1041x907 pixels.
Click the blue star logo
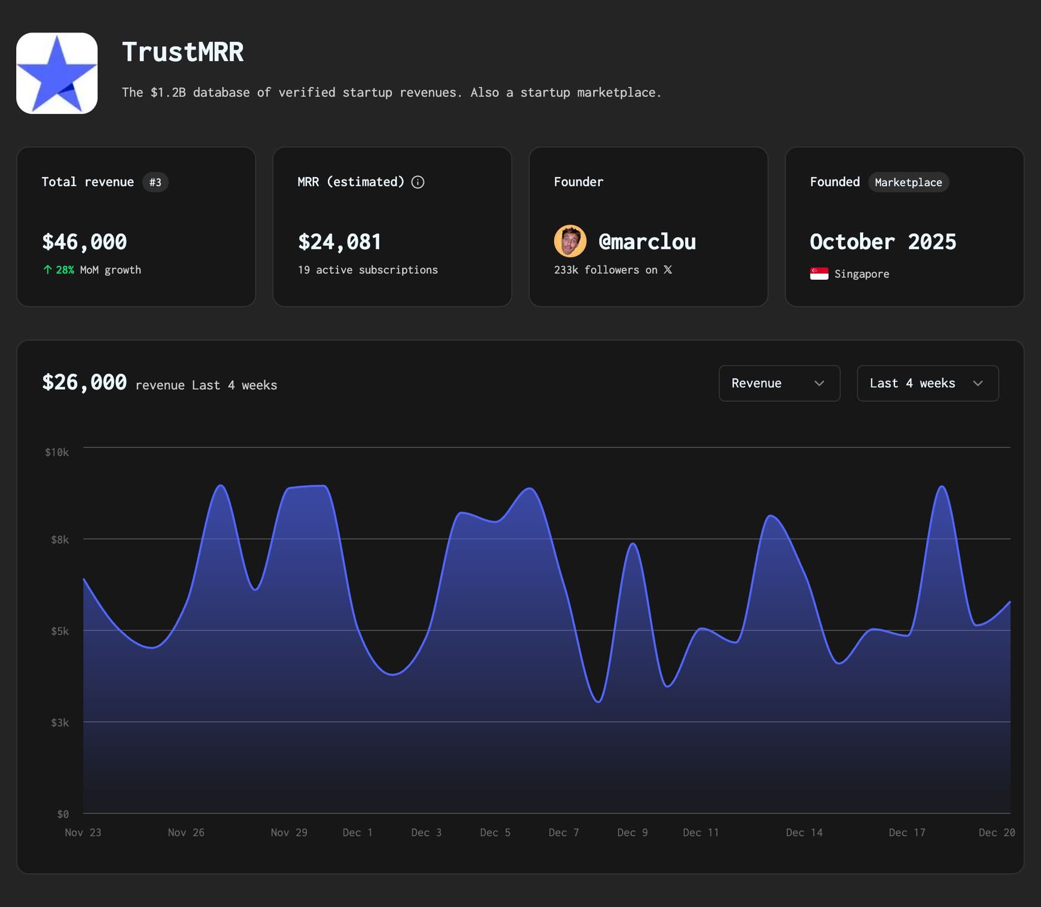[x=57, y=73]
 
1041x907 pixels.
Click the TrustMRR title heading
[x=183, y=53]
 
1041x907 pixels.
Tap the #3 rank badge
[x=155, y=182]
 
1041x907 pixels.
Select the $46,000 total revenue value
[x=85, y=242]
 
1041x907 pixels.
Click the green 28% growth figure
[x=65, y=270]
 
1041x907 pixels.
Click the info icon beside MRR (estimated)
[x=417, y=182]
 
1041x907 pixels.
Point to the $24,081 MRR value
[x=339, y=242]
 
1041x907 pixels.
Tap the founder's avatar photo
[x=570, y=241]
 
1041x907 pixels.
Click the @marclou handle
[x=647, y=242]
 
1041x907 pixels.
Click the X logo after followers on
[x=668, y=269]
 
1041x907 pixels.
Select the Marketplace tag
[x=908, y=182]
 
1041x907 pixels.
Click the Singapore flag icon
[x=819, y=274]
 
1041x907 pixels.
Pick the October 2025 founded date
[x=883, y=242]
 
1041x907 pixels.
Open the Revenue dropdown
[x=779, y=383]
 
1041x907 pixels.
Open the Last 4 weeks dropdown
[x=927, y=383]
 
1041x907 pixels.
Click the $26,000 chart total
[x=85, y=383]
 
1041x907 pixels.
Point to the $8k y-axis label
[x=60, y=539]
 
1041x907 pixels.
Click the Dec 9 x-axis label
[x=632, y=832]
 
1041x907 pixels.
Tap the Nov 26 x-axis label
[x=186, y=832]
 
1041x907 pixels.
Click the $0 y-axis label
[x=63, y=814]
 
